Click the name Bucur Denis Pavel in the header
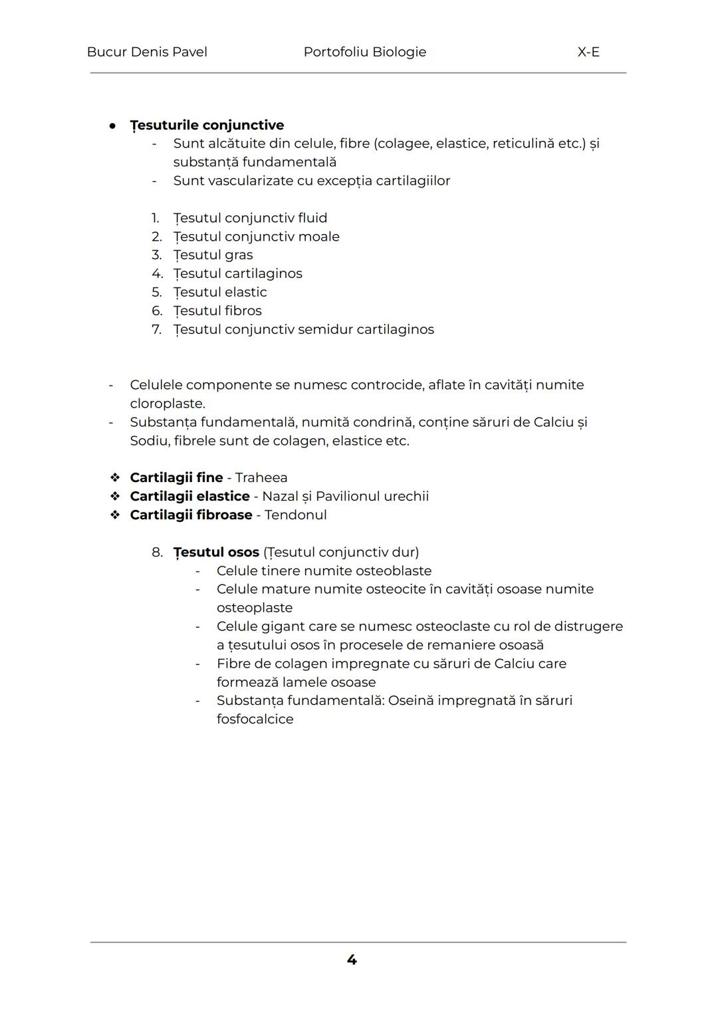pyautogui.click(x=147, y=52)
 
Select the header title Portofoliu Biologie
pyautogui.click(x=364, y=52)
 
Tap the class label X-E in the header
pyautogui.click(x=588, y=52)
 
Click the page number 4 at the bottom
pyautogui.click(x=352, y=959)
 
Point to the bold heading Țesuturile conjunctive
pyautogui.click(x=207, y=125)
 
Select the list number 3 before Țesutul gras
pyautogui.click(x=156, y=255)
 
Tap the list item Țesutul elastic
pyautogui.click(x=220, y=292)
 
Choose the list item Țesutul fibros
pyautogui.click(x=217, y=311)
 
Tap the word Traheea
pyautogui.click(x=261, y=477)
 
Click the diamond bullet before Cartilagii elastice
pyautogui.click(x=115, y=496)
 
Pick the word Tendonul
pyautogui.click(x=296, y=515)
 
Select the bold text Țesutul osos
pyautogui.click(x=216, y=552)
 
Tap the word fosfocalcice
pyautogui.click(x=255, y=719)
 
